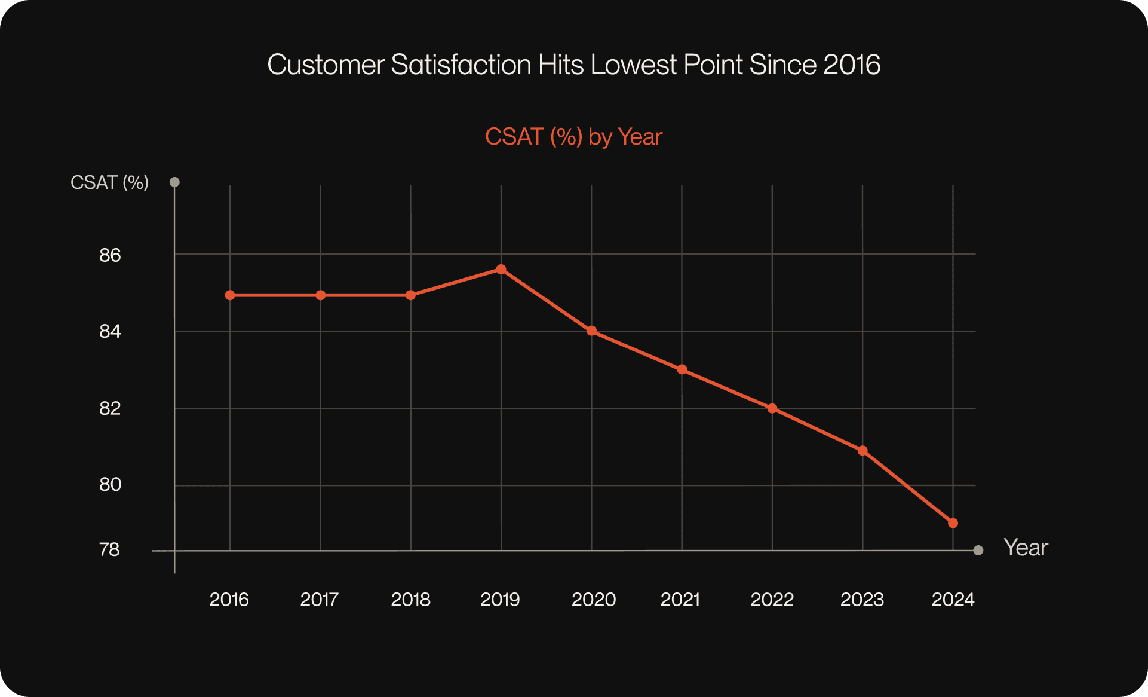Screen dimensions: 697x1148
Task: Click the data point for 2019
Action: click(x=501, y=270)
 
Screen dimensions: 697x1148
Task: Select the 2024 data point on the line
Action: click(x=953, y=523)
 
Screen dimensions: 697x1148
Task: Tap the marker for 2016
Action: click(x=230, y=295)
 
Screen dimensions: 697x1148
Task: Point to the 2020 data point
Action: click(x=591, y=331)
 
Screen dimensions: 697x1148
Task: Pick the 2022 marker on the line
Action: click(x=772, y=408)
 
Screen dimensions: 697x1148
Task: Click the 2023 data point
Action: click(x=862, y=451)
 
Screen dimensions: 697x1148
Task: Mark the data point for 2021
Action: click(x=682, y=369)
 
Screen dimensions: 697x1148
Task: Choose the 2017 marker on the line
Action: click(x=320, y=295)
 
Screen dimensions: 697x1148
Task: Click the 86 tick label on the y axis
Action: click(x=110, y=255)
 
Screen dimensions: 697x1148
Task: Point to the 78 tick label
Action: click(x=109, y=549)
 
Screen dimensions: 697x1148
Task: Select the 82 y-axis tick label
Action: click(x=110, y=408)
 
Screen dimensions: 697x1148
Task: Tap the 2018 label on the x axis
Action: click(x=410, y=599)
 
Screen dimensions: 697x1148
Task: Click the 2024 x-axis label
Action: click(x=953, y=599)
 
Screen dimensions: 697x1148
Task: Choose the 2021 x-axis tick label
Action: click(x=680, y=599)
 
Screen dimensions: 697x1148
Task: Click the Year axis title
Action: click(x=1026, y=548)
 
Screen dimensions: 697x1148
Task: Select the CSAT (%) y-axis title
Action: click(x=109, y=182)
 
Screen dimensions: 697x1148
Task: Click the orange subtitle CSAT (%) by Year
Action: click(x=573, y=137)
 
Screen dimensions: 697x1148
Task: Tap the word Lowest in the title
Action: click(x=634, y=65)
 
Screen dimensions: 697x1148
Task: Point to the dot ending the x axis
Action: click(x=978, y=550)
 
